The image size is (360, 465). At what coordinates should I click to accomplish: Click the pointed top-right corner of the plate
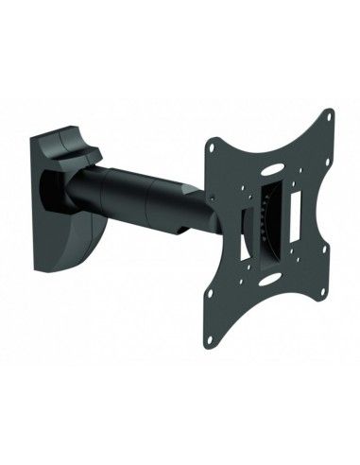pyautogui.click(x=333, y=113)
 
